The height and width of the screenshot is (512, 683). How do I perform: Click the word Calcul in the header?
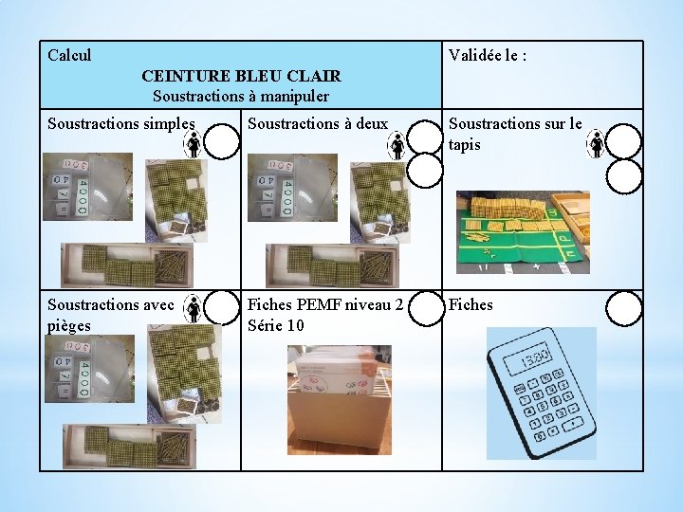click(x=69, y=55)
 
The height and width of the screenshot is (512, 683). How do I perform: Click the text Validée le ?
click(x=488, y=55)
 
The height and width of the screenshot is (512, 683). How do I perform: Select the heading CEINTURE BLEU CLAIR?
click(x=241, y=76)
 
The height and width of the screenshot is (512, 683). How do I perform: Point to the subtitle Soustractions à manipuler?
click(x=241, y=96)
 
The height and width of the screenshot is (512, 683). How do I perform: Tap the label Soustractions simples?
click(x=120, y=123)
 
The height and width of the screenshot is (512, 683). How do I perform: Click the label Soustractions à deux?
click(x=317, y=123)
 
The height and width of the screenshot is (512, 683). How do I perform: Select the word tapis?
click(x=465, y=145)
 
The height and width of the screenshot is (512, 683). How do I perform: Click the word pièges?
click(x=68, y=325)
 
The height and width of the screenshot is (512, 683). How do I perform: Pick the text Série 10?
click(x=276, y=325)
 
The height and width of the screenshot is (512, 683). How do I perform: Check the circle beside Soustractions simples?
click(x=222, y=142)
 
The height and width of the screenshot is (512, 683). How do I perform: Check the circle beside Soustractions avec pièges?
click(x=222, y=307)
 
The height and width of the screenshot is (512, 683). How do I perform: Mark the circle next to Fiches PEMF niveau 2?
click(x=426, y=307)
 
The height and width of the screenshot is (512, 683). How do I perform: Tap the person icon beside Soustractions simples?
click(x=193, y=143)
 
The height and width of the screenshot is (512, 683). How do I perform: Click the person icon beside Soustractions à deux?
click(x=397, y=144)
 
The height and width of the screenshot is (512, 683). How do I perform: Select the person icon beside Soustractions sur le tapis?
click(x=597, y=143)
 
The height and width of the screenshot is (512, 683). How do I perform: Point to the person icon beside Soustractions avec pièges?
click(x=193, y=307)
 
